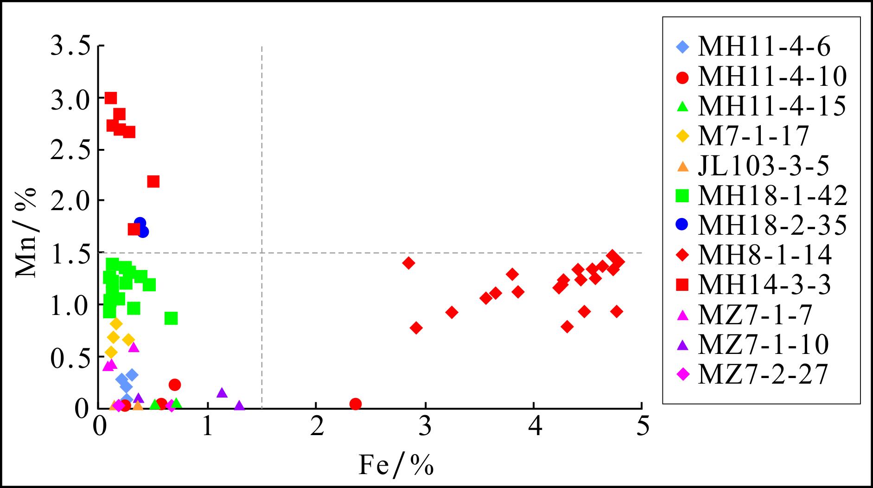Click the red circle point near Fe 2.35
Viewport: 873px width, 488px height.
pyautogui.click(x=355, y=404)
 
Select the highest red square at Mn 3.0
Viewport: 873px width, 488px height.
pyautogui.click(x=111, y=98)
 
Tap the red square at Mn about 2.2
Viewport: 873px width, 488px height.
pyautogui.click(x=153, y=181)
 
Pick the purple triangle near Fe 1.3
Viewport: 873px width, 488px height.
pyautogui.click(x=239, y=406)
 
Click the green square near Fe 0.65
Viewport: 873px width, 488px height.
pyautogui.click(x=171, y=318)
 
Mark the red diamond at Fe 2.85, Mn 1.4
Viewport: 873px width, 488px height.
pyautogui.click(x=408, y=263)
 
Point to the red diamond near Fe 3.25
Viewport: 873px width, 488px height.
pyautogui.click(x=452, y=312)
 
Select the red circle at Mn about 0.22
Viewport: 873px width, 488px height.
pyautogui.click(x=175, y=385)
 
